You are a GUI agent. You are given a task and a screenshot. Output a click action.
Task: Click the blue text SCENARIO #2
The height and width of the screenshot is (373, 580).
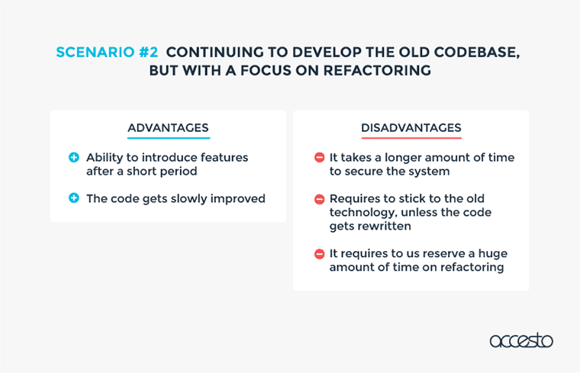click(107, 52)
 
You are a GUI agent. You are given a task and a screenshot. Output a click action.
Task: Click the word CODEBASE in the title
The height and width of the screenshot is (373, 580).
click(477, 53)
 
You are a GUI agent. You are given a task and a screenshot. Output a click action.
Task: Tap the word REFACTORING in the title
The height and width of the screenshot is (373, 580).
click(377, 70)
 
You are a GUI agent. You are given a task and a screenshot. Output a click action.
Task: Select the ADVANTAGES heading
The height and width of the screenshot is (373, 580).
click(168, 127)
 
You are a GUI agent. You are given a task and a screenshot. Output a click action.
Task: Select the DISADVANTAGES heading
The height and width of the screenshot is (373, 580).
click(411, 127)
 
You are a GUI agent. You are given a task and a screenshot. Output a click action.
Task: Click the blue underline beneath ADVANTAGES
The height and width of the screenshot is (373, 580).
click(169, 138)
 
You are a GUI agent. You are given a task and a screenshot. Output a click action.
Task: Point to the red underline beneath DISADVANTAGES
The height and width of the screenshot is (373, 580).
click(411, 138)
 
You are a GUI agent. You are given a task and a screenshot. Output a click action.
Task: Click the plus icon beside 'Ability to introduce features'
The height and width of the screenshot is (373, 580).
click(74, 157)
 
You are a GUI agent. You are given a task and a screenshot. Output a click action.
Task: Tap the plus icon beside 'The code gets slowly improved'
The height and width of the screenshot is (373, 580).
click(74, 198)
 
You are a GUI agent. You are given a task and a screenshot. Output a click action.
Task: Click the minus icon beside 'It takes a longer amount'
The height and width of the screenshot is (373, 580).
click(319, 157)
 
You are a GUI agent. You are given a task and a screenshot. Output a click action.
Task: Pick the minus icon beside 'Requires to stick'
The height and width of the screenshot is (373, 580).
click(319, 199)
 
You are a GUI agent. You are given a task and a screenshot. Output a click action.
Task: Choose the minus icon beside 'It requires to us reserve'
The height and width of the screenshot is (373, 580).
click(319, 254)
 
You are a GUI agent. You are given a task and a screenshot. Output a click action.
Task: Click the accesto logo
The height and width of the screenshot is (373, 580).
click(521, 340)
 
